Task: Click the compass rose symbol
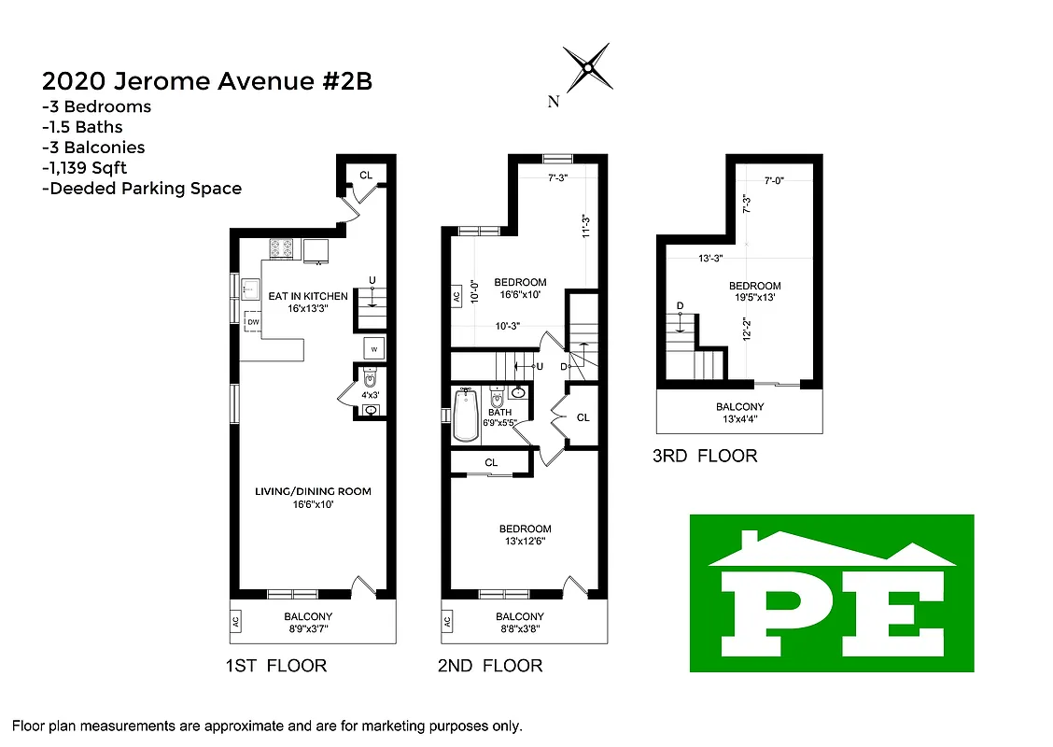588,67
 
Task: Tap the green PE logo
832,593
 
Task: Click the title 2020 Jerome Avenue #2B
207,81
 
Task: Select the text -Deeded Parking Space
142,189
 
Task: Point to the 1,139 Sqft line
84,168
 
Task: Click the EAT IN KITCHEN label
308,296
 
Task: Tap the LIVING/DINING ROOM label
314,491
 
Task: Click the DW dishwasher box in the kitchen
253,322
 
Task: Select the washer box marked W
373,349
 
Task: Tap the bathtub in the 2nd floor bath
464,415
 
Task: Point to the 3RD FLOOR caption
705,457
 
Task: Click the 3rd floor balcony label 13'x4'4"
739,419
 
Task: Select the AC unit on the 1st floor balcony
237,621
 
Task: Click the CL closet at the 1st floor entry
366,175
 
